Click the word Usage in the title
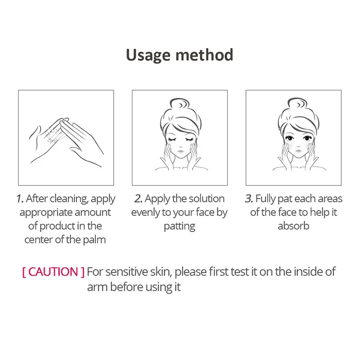[148, 55]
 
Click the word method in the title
[204, 54]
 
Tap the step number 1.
[20, 198]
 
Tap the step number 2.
[139, 198]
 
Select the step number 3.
[249, 198]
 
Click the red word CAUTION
[53, 272]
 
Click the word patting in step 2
[180, 226]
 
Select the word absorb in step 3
[293, 226]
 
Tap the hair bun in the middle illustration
[180, 104]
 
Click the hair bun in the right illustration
[297, 103]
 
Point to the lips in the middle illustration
[180, 152]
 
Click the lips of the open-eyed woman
[298, 151]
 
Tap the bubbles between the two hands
[52, 135]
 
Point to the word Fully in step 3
[265, 199]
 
